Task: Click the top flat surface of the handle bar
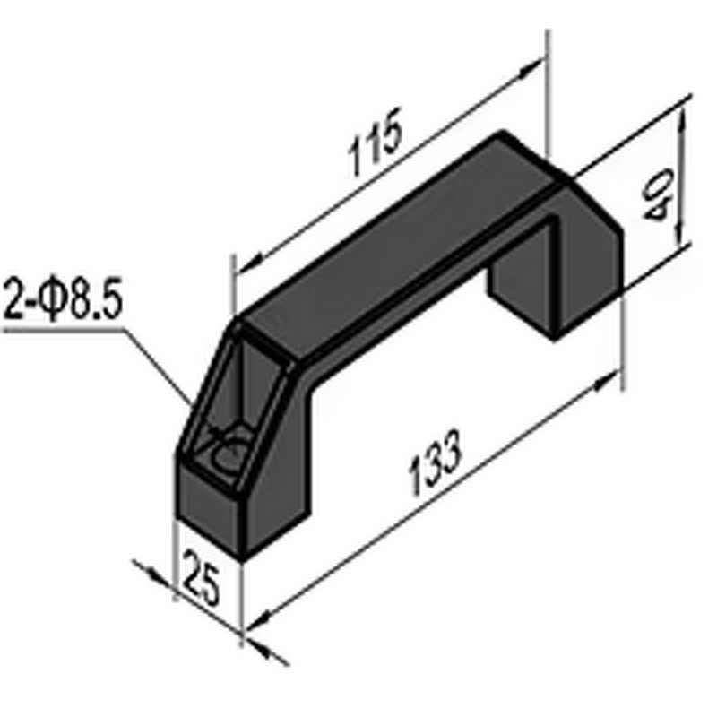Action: pyautogui.click(x=394, y=233)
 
